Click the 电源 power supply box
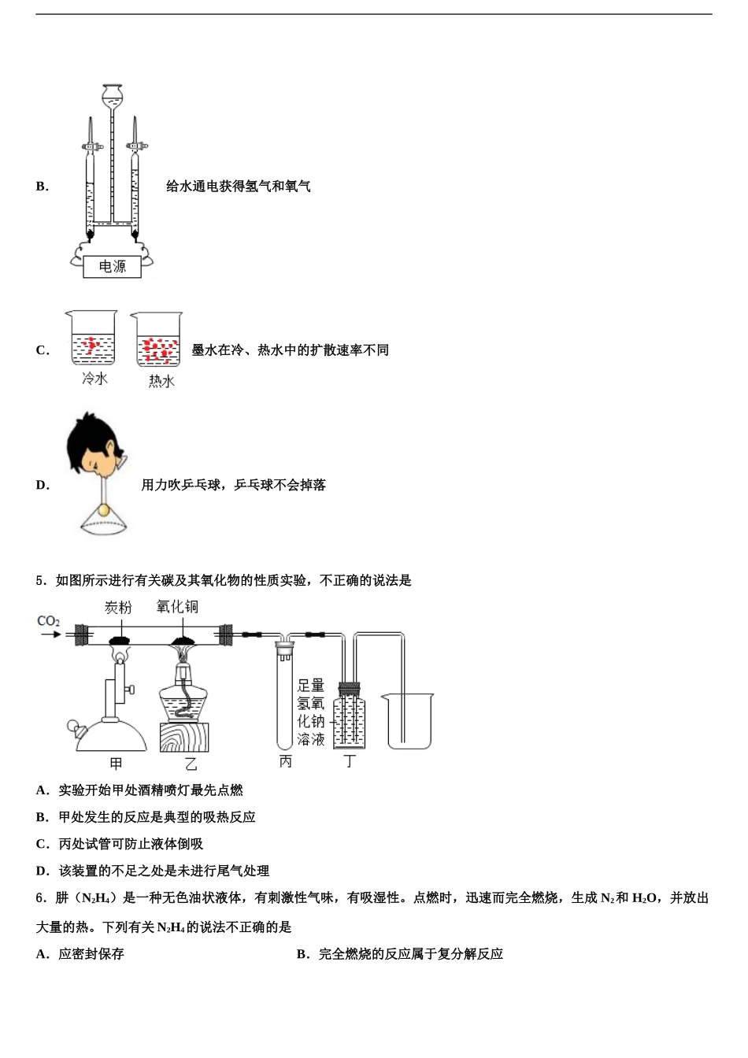(x=112, y=266)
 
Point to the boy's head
(x=92, y=444)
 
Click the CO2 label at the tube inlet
(x=48, y=621)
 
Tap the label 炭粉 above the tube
(x=118, y=607)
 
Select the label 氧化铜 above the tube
(x=177, y=606)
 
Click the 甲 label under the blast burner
(x=116, y=763)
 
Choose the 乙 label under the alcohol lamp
(x=191, y=763)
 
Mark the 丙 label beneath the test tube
(x=285, y=761)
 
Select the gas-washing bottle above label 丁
(x=350, y=716)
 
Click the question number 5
(x=39, y=581)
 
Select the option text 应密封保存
(x=91, y=954)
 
